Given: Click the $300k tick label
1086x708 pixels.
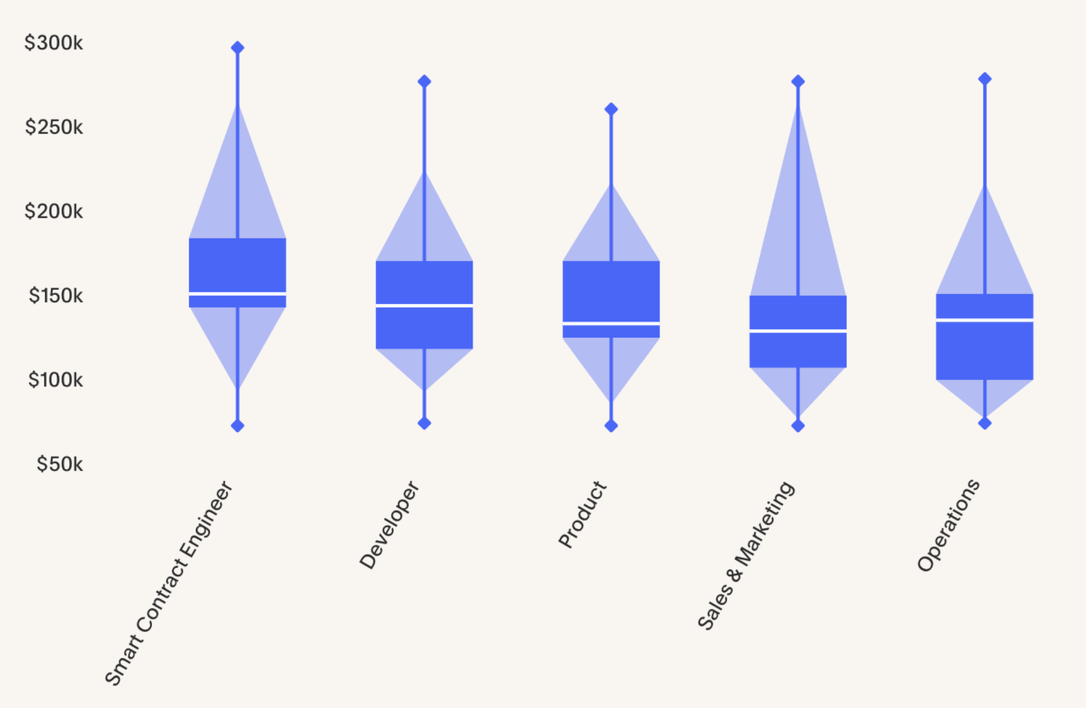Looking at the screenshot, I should click(54, 43).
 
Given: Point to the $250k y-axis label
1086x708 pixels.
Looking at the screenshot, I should click(54, 127).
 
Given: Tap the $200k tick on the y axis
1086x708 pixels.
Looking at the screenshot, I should click(54, 211).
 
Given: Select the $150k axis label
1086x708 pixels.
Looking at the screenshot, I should click(56, 296).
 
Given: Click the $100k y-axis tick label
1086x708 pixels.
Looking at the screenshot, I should click(55, 380).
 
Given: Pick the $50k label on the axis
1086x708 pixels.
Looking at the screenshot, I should click(60, 464).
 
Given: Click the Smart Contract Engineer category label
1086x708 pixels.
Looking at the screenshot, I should click(168, 583).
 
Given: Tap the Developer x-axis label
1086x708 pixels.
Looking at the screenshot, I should click(389, 525).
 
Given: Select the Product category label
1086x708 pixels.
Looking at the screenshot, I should click(582, 514).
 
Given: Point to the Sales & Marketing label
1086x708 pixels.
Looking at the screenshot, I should click(746, 555).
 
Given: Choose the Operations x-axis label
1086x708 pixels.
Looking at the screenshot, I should click(949, 525).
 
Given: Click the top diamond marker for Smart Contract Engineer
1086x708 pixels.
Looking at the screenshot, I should click(238, 47).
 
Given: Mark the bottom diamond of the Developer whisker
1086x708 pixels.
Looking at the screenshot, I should click(424, 423).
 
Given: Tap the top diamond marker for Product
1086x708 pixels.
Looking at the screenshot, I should click(611, 109).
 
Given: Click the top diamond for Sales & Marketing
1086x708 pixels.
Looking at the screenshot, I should click(798, 81).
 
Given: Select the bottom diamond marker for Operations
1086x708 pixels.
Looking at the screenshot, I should click(985, 423).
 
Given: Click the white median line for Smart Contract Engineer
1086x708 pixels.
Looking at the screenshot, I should click(238, 294).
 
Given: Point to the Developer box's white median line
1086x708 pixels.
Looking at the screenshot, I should click(424, 305).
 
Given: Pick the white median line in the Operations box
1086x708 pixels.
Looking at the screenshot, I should click(985, 320).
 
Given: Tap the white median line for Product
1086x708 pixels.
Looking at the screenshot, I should click(611, 324).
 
